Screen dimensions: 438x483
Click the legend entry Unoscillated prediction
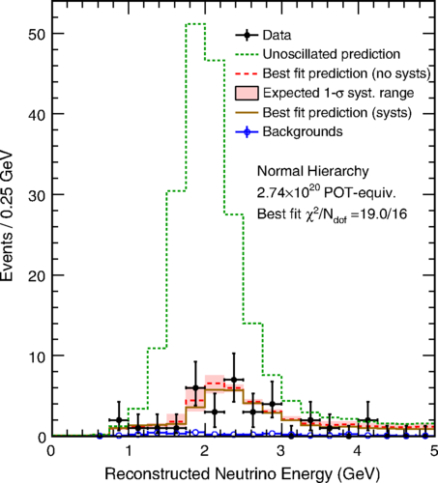(x=332, y=54)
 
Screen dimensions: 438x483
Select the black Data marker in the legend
(x=247, y=35)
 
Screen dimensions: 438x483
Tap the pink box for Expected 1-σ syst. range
(x=247, y=93)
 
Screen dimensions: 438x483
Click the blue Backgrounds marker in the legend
(x=247, y=131)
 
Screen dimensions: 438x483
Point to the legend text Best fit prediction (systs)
(x=337, y=113)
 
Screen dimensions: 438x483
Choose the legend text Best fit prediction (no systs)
(x=347, y=73)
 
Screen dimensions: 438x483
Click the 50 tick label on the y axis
(x=37, y=35)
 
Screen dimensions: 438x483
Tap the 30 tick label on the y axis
(x=37, y=195)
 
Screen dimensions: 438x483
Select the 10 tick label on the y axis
(x=37, y=356)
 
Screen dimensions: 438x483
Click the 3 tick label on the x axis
(x=280, y=451)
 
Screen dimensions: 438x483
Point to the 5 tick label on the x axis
(x=434, y=451)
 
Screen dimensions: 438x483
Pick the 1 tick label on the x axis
(x=129, y=451)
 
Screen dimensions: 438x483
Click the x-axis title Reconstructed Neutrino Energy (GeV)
(x=243, y=474)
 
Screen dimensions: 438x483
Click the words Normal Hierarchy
(x=312, y=171)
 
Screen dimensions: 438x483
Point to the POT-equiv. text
(x=360, y=193)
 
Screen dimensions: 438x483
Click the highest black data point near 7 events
(x=234, y=380)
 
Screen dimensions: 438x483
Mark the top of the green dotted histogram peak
(x=195, y=24)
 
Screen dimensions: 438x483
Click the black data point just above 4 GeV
(x=367, y=420)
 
